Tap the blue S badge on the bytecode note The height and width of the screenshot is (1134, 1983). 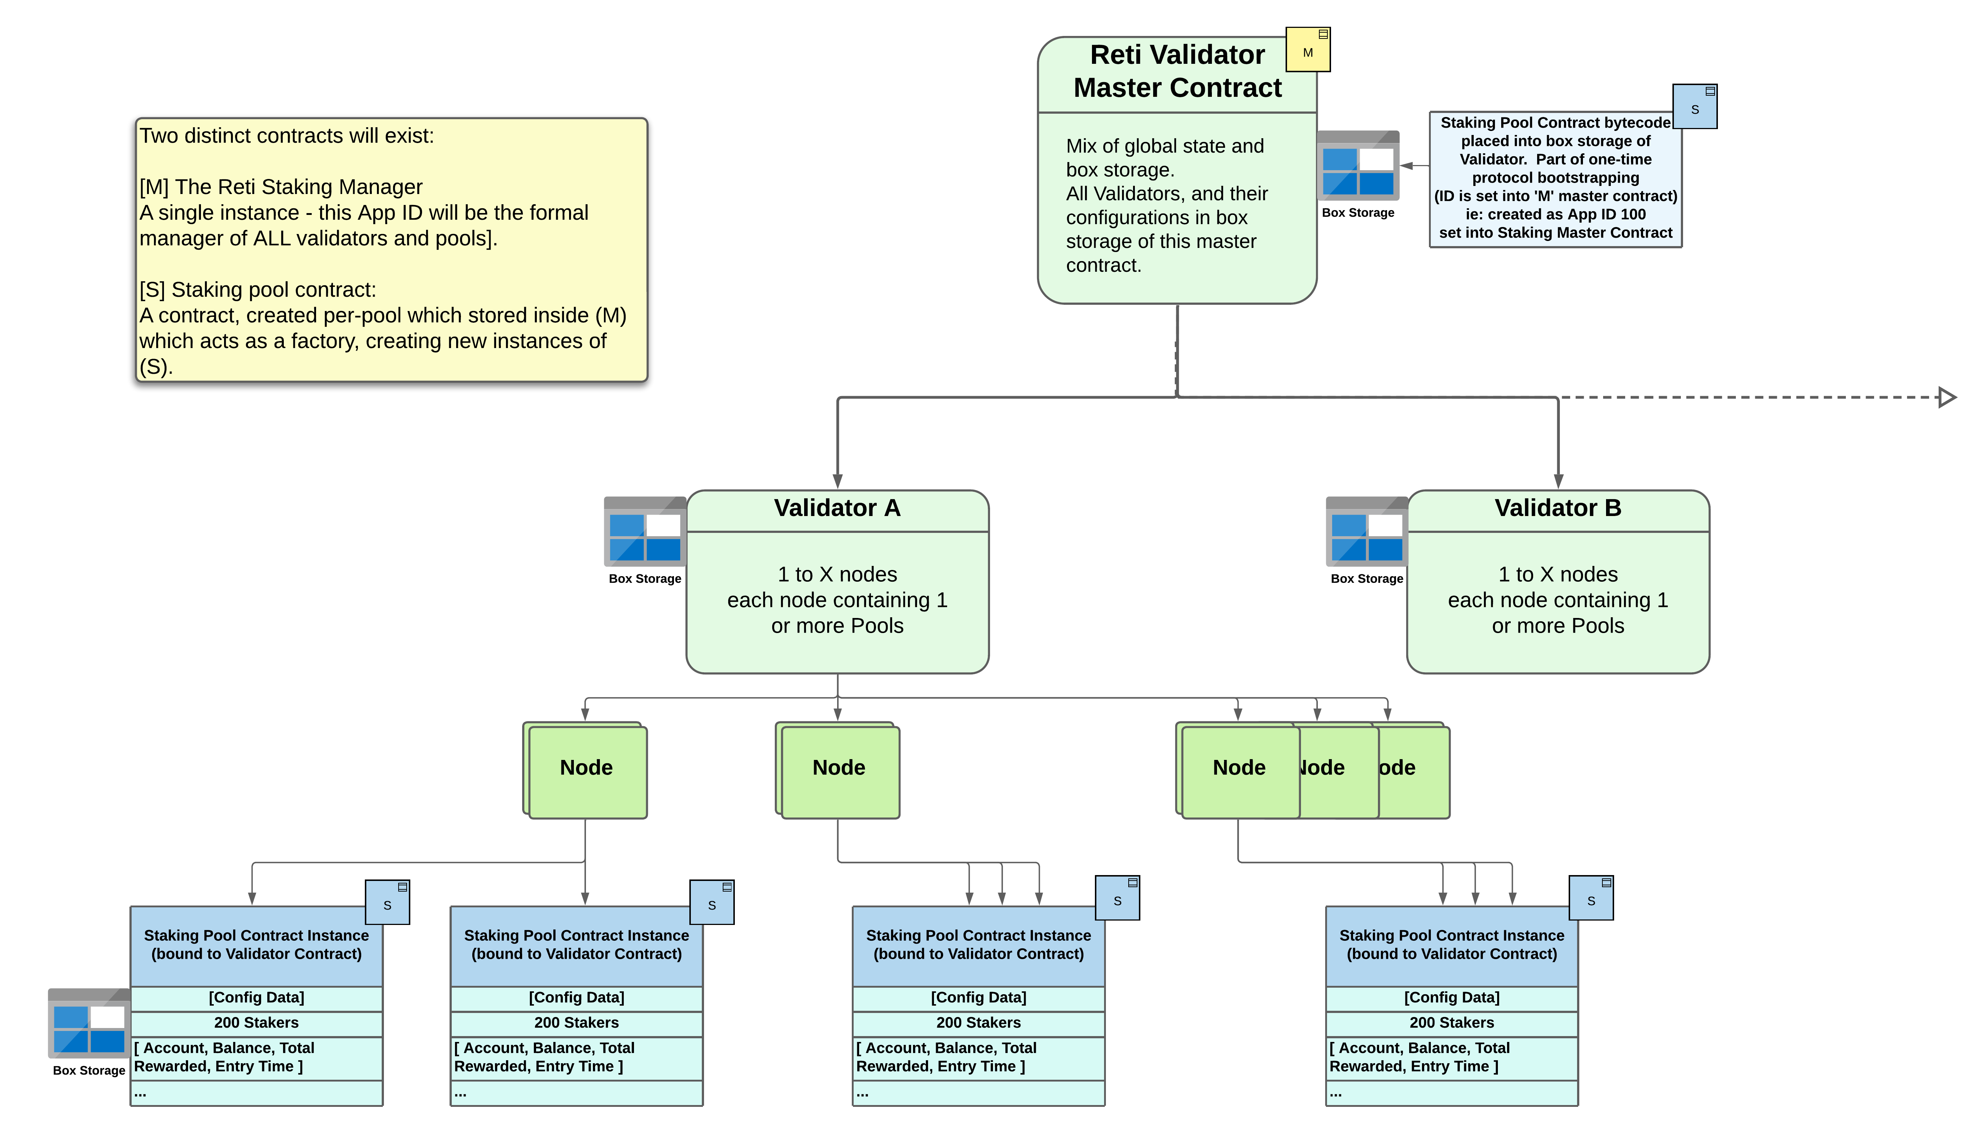pos(1695,107)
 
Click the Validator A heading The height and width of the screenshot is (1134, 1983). pos(837,508)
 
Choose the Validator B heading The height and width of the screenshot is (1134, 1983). pos(1558,508)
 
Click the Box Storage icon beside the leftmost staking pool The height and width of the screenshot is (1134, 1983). pos(89,1023)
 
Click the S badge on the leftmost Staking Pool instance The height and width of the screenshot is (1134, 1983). pos(388,903)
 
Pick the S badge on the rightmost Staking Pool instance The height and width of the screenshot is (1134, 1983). pos(1591,898)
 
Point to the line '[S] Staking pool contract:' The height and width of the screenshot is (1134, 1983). pos(258,290)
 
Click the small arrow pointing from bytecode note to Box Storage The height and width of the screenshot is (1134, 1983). pos(1415,166)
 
